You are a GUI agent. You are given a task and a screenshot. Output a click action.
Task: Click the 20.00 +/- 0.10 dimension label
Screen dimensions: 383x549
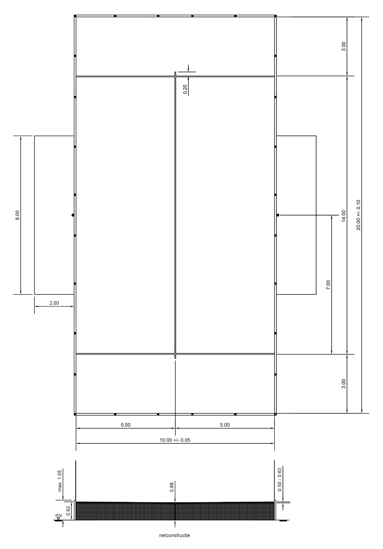[x=359, y=215]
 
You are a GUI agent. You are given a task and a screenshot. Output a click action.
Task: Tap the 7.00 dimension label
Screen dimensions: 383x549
[x=328, y=285]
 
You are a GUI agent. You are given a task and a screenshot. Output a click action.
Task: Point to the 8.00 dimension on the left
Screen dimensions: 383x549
[x=17, y=215]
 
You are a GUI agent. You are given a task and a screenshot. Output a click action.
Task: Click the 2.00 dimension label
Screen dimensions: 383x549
[x=54, y=303]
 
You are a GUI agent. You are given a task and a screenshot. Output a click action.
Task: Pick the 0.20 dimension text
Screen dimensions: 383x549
[x=185, y=90]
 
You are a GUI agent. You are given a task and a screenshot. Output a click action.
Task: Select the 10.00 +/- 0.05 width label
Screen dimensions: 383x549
[x=175, y=440]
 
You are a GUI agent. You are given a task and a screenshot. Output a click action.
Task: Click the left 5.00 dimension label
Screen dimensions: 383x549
[x=126, y=425]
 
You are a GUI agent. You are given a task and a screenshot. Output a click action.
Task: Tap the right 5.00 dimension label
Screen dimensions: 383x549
[x=225, y=425]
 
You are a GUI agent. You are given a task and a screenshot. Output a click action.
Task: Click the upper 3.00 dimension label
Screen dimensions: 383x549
[x=343, y=46]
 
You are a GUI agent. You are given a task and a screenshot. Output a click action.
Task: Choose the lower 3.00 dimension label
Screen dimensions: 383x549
[x=343, y=384]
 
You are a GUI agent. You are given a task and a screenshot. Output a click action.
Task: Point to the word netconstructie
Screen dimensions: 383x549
[x=175, y=535]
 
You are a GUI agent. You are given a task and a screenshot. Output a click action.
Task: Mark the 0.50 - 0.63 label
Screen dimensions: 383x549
[x=280, y=479]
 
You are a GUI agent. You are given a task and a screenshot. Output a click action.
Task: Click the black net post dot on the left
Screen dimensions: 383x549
[x=73, y=215]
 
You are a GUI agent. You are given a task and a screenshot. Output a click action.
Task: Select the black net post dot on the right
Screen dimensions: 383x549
[x=278, y=215]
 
